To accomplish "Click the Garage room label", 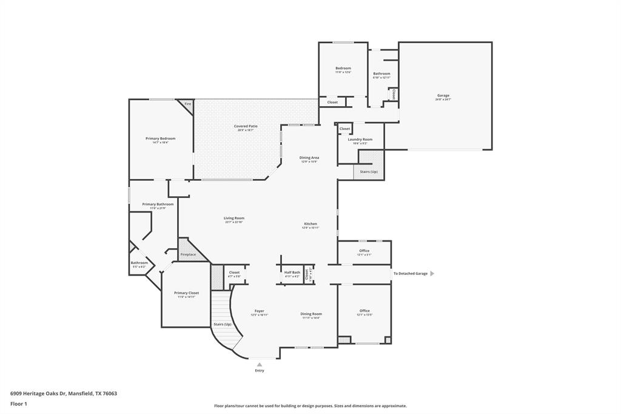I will (x=443, y=95).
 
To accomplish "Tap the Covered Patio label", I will (x=246, y=126).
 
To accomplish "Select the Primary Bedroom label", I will (x=160, y=138).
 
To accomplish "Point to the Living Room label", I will (x=234, y=218).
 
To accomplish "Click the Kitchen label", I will (x=310, y=224).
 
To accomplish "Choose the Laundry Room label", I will (x=360, y=140).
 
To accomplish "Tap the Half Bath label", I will (x=292, y=273).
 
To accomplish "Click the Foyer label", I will (x=259, y=311).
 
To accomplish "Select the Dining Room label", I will (x=311, y=314).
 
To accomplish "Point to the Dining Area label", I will (x=309, y=158).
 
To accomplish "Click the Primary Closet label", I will (x=186, y=293).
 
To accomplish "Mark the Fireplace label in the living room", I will (x=188, y=254).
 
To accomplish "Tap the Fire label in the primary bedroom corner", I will (x=188, y=104).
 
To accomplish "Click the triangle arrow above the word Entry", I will (x=260, y=364).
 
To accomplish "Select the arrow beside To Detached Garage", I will (x=432, y=274).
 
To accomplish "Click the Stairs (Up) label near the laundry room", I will (x=369, y=172).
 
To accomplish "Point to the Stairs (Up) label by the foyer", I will (x=222, y=324).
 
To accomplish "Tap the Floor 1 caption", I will (x=18, y=404).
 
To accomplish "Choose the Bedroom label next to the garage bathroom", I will (x=343, y=68).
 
